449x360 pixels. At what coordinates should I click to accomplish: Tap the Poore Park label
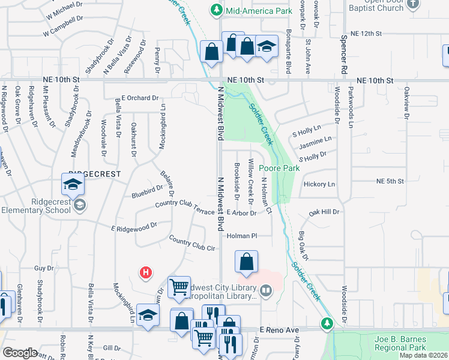click(x=279, y=169)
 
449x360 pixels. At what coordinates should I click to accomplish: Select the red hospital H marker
click(x=145, y=274)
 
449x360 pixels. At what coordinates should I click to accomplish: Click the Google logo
click(x=20, y=353)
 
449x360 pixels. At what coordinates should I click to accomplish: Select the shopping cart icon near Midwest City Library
click(x=179, y=287)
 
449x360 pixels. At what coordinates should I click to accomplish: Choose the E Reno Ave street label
click(x=279, y=330)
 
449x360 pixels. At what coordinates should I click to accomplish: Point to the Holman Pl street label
click(x=241, y=236)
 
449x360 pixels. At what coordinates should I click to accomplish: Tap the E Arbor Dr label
click(x=241, y=213)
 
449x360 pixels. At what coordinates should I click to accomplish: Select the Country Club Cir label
click(x=192, y=244)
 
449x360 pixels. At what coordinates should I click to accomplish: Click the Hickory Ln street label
click(x=319, y=184)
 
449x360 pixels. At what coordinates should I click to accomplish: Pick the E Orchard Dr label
click(x=140, y=97)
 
